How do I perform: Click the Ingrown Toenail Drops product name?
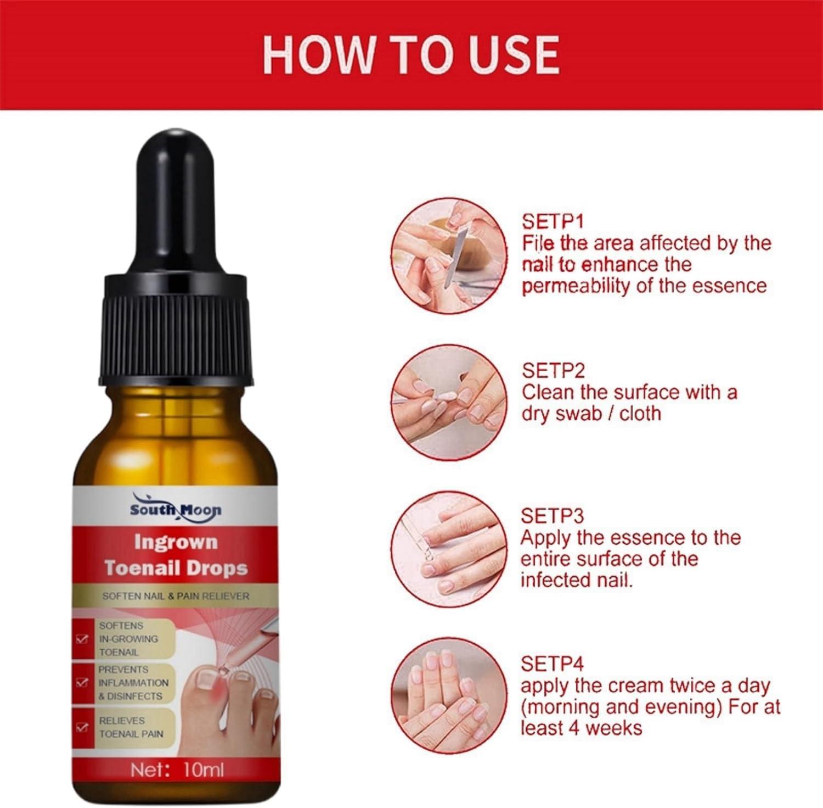(176, 555)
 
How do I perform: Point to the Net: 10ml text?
(177, 771)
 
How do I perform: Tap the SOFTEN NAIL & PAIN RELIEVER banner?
(176, 596)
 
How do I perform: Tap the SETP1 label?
(553, 221)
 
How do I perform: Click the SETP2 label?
(553, 371)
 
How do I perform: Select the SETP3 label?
(552, 516)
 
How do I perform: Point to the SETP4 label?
(552, 664)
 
